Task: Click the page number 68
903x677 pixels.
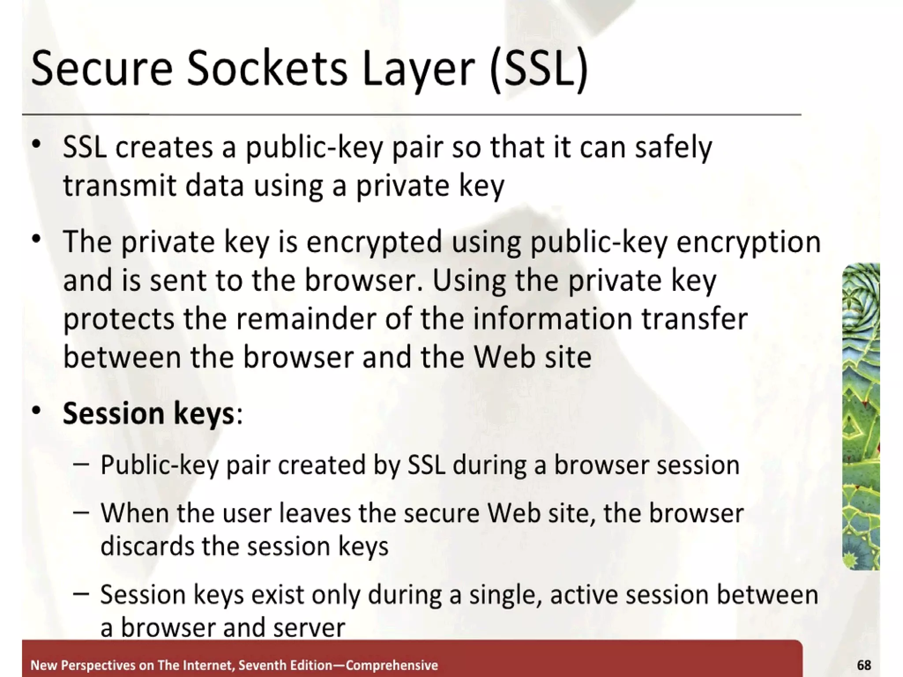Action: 864,665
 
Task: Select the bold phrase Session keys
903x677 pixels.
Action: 148,413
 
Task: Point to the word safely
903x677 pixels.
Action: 673,147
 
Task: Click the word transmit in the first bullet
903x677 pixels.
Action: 119,185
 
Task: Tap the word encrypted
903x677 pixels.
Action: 374,242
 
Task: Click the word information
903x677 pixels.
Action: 553,319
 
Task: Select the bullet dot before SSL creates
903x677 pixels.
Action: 36,144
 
